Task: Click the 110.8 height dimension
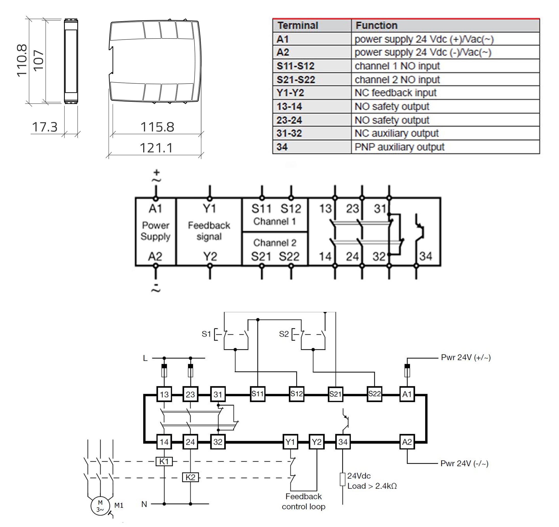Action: pos(22,60)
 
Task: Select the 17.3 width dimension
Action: pos(45,127)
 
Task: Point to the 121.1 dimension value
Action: pos(156,148)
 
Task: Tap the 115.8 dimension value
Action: pos(157,127)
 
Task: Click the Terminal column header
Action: pos(298,26)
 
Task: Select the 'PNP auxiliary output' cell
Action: pos(399,147)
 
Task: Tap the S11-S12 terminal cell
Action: pos(295,66)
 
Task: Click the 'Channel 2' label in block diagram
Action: pos(275,242)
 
